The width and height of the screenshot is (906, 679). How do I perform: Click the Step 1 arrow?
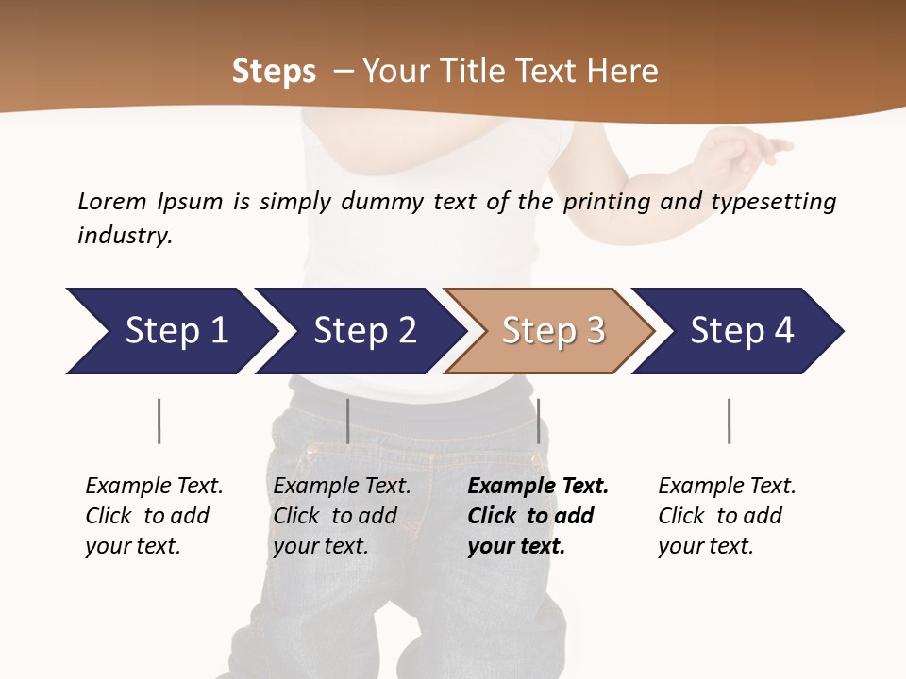pyautogui.click(x=175, y=331)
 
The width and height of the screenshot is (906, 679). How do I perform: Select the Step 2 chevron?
pyautogui.click(x=363, y=331)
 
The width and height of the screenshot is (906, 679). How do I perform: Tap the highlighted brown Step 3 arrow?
pyautogui.click(x=552, y=331)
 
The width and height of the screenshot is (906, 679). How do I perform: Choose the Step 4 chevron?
pyautogui.click(x=741, y=331)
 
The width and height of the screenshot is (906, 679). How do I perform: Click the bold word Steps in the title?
pyautogui.click(x=274, y=72)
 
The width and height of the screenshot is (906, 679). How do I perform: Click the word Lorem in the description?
pyautogui.click(x=112, y=201)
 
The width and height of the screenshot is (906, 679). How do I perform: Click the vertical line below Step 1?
pyautogui.click(x=159, y=421)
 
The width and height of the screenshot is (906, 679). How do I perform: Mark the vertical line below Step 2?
pyautogui.click(x=348, y=421)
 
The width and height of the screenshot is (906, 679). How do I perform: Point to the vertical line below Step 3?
pyautogui.click(x=538, y=421)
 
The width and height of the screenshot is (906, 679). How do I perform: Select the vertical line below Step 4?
pyautogui.click(x=729, y=421)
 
